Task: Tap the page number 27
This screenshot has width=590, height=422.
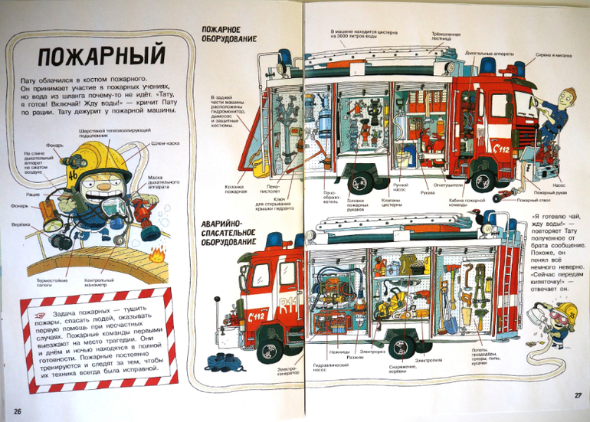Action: (x=578, y=395)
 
